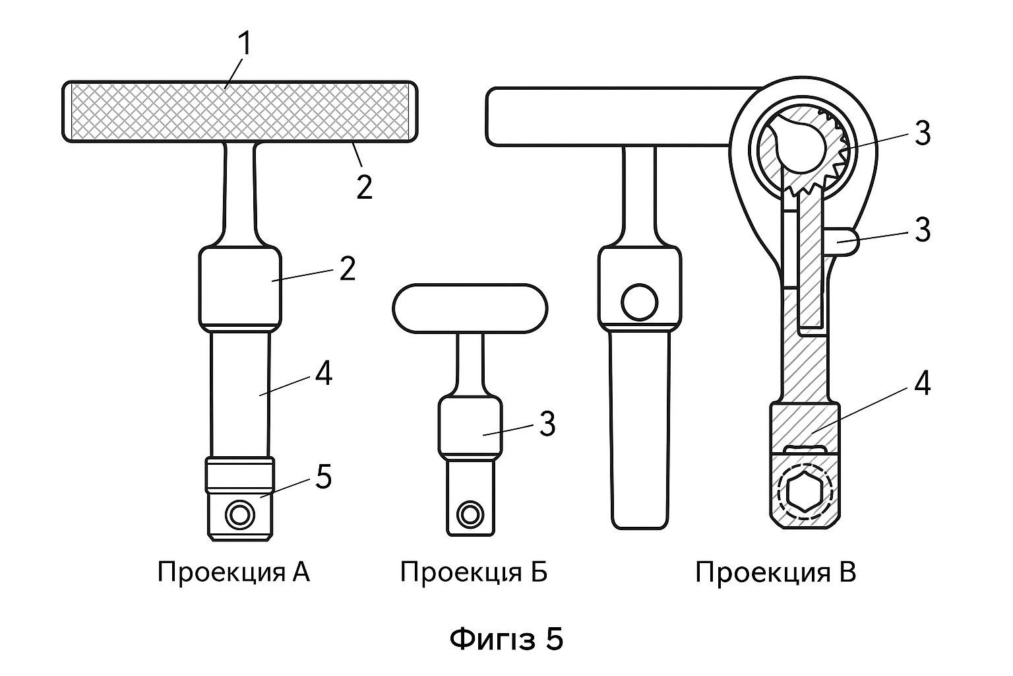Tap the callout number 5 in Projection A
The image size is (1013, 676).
[324, 477]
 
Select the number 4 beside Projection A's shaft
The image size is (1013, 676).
[323, 373]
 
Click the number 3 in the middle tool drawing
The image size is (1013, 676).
[547, 424]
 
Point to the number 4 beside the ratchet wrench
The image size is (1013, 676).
[922, 384]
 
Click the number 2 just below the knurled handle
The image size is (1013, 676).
[365, 187]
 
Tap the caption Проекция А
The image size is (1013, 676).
[234, 572]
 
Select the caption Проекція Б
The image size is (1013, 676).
[474, 572]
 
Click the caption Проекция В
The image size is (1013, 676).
[776, 572]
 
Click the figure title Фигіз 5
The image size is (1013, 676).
[506, 639]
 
